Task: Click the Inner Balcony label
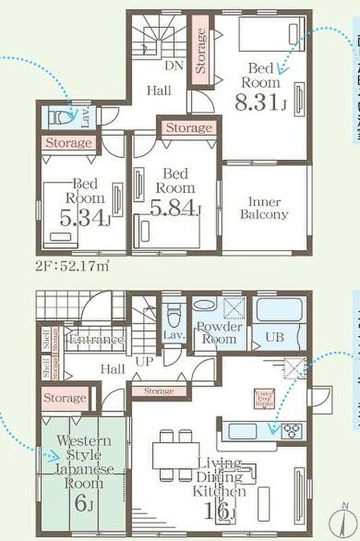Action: point(264,208)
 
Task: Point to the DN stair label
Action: point(174,66)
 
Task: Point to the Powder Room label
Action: point(219,333)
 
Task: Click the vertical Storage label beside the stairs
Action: point(201,51)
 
